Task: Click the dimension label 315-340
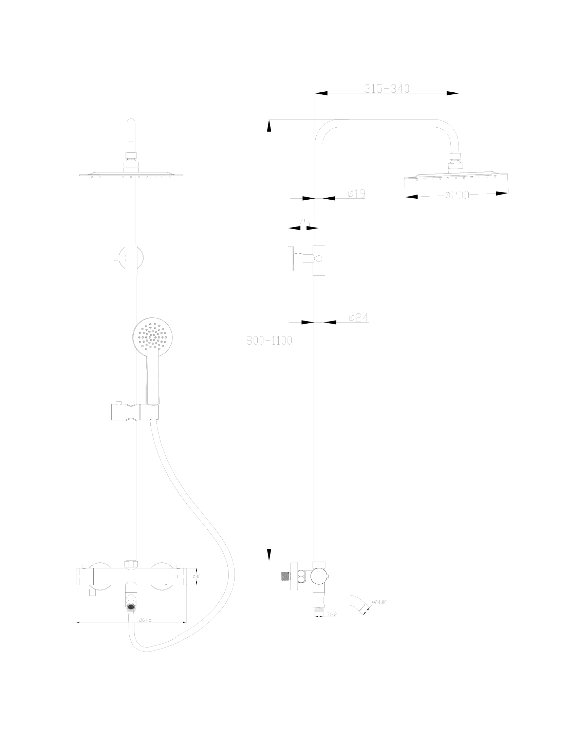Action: [387, 89]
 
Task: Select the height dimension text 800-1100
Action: [269, 341]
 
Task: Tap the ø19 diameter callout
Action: [356, 194]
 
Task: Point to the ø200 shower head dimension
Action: [457, 195]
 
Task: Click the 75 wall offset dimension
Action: [304, 223]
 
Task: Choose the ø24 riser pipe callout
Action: [358, 318]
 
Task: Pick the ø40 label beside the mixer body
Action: [197, 576]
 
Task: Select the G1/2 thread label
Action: [332, 615]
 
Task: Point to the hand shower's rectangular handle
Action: [152, 377]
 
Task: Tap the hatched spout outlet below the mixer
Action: [131, 607]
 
